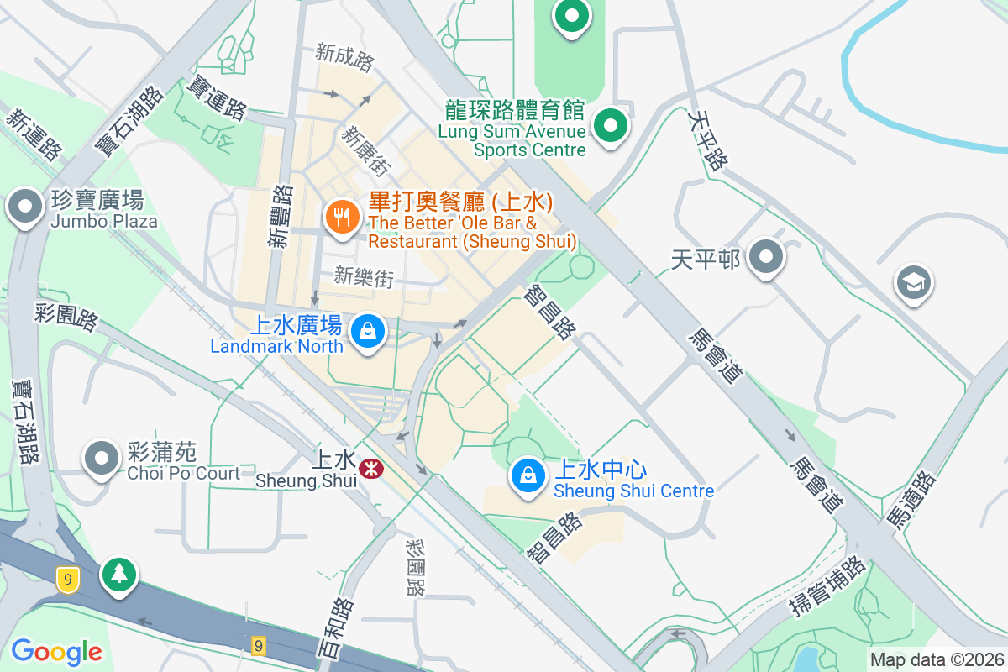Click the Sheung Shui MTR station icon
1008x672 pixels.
click(x=369, y=468)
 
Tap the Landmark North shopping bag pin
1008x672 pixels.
click(x=367, y=330)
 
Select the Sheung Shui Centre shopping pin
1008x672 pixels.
click(x=528, y=475)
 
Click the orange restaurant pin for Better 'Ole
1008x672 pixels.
click(x=342, y=218)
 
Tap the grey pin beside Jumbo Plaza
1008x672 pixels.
click(x=25, y=206)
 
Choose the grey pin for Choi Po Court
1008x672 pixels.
click(x=102, y=459)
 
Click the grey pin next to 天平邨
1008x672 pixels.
click(x=766, y=256)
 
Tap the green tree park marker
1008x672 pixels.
click(x=119, y=575)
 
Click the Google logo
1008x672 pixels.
click(x=56, y=651)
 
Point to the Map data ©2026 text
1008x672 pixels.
click(x=937, y=659)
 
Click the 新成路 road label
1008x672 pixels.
click(x=344, y=57)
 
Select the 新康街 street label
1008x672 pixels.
click(x=367, y=150)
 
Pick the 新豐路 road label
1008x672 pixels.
click(x=281, y=216)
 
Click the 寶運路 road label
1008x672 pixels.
click(x=218, y=97)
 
